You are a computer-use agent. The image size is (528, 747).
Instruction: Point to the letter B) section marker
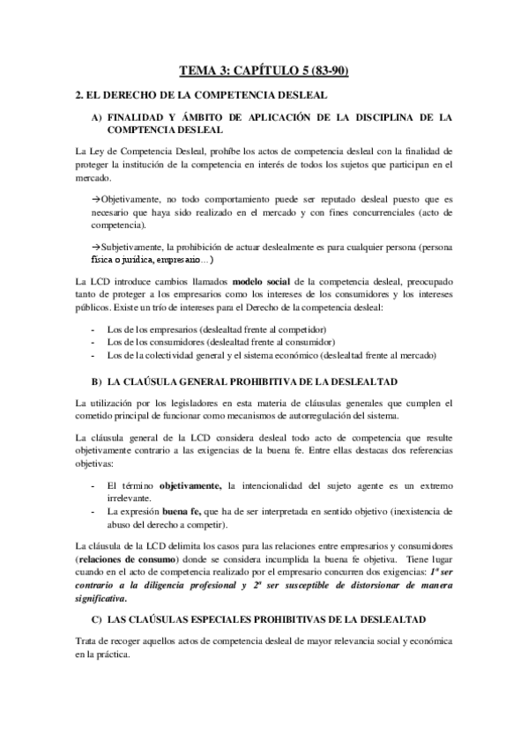[95, 381]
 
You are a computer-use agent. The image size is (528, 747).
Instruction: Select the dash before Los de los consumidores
[93, 341]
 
